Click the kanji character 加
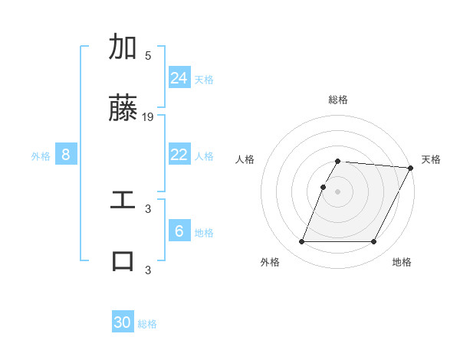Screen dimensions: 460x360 coord(123,47)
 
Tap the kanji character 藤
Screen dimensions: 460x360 coord(123,109)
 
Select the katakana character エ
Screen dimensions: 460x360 coord(123,200)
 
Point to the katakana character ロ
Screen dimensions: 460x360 coord(123,260)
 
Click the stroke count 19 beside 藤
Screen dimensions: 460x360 coord(148,117)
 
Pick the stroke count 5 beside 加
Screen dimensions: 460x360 coord(148,56)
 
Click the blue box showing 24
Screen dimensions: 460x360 coord(179,77)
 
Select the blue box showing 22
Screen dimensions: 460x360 coord(179,155)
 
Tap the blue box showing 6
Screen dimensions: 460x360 coord(179,231)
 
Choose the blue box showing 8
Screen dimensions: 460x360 coord(66,155)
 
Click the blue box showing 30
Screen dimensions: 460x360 coord(123,322)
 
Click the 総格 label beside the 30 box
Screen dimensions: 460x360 coord(147,324)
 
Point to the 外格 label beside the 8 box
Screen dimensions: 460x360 coord(41,156)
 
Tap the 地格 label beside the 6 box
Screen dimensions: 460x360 coord(204,233)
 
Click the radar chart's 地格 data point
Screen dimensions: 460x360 coord(374,242)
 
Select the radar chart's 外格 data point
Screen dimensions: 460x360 coord(301,242)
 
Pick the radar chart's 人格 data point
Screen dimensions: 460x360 coord(324,187)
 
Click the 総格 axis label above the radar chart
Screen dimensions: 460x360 coord(338,100)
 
